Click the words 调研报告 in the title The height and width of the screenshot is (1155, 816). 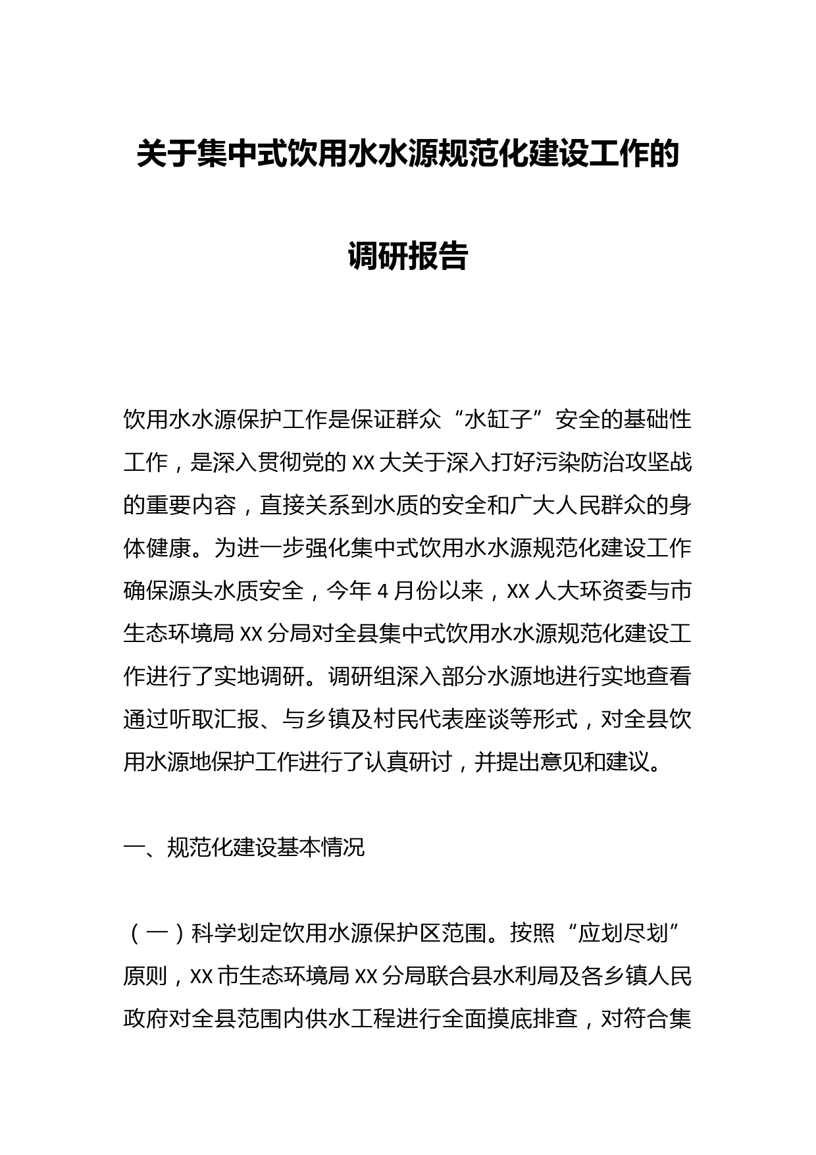pyautogui.click(x=407, y=256)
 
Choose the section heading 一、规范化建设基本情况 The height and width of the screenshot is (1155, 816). pyautogui.click(x=243, y=847)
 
